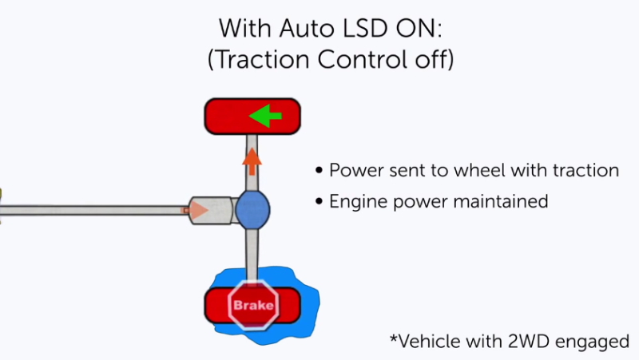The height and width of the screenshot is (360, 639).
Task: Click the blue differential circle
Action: click(x=252, y=211)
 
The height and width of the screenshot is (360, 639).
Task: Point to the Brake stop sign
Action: click(x=253, y=305)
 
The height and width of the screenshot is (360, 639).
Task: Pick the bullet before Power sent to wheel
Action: click(x=319, y=171)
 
